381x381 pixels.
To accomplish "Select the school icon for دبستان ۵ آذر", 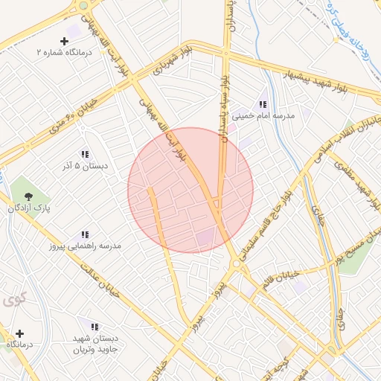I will (x=85, y=153).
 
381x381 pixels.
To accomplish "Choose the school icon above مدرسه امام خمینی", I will (x=263, y=104).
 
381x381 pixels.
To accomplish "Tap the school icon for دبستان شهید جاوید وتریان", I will (x=95, y=326).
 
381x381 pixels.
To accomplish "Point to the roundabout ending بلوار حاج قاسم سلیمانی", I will (x=236, y=263).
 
